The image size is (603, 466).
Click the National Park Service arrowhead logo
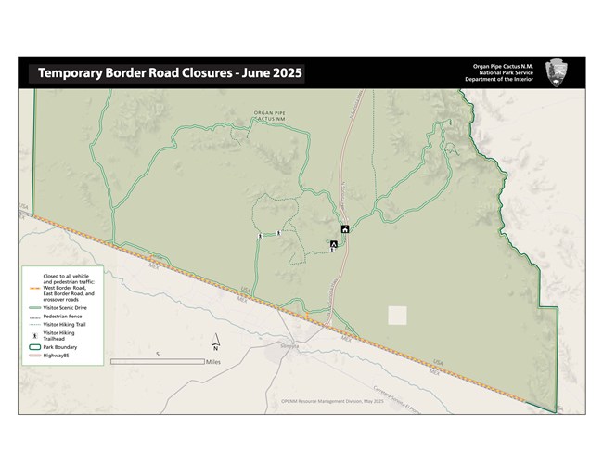[557, 71]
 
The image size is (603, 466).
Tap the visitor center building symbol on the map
[345, 229]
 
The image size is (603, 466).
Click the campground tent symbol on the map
[333, 244]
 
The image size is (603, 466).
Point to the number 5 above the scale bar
[158, 354]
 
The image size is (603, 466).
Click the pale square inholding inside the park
[397, 316]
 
